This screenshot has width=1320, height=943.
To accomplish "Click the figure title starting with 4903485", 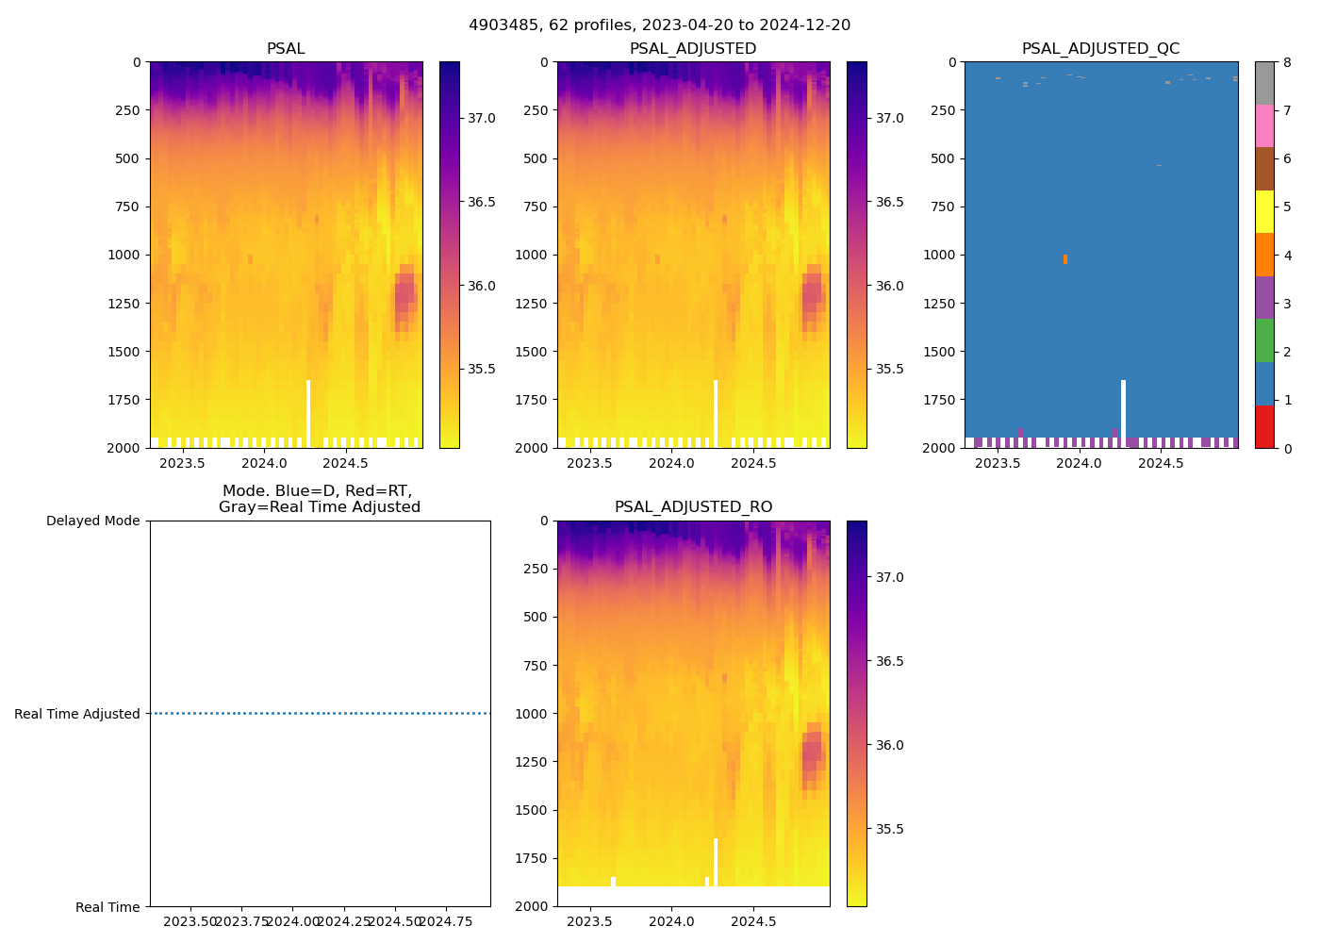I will tap(659, 25).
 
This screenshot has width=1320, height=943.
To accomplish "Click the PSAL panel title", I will tap(286, 49).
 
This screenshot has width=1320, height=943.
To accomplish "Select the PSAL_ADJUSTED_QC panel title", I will tap(1100, 49).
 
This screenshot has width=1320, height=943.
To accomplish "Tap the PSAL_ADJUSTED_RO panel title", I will tap(693, 507).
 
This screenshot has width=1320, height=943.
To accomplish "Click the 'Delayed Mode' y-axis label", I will tap(92, 521).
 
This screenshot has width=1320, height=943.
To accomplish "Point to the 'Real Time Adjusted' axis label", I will tap(77, 714).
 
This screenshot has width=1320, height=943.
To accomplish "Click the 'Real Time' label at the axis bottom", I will tap(107, 907).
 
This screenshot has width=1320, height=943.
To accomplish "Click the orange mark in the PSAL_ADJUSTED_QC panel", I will tap(1065, 258).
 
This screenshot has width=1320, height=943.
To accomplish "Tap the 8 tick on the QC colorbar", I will tap(1287, 62).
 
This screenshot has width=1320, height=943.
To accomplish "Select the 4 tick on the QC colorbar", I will tap(1287, 256).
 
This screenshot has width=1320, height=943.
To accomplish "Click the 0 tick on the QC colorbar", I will tap(1287, 448).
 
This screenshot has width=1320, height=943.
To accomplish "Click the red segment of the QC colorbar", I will tap(1264, 426).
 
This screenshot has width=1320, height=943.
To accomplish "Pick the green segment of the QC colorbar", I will tap(1264, 340).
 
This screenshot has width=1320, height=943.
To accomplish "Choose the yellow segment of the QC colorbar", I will tap(1264, 212).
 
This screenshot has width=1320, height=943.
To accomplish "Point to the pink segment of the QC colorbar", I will tap(1264, 126).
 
